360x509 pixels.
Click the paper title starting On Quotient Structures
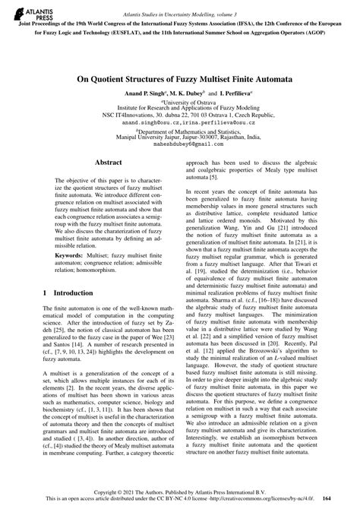coord(180,77)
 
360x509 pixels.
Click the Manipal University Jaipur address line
coord(180,136)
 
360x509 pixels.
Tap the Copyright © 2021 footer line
coord(180,491)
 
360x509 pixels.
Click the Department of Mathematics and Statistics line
coord(180,129)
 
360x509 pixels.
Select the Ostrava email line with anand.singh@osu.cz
coord(180,122)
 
